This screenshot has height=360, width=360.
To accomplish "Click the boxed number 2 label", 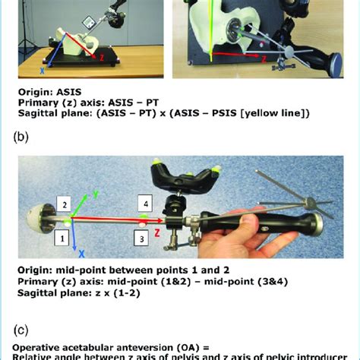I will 65,205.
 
